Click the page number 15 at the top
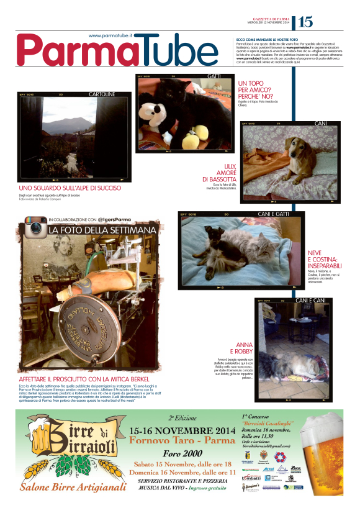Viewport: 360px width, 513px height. (x=305, y=22)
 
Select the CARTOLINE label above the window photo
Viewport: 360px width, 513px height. (x=102, y=94)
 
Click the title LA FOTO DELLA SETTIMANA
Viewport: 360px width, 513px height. (x=102, y=230)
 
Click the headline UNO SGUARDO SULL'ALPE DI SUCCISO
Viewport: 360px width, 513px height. (x=70, y=188)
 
